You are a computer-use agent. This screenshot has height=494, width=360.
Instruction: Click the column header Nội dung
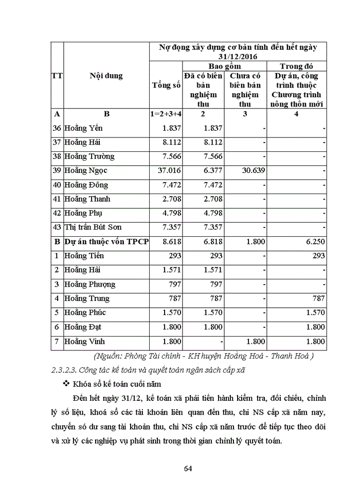[x=106, y=76]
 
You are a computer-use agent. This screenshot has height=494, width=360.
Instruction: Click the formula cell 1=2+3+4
[x=167, y=114]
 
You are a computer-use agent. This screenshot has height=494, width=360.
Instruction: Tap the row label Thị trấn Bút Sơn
[x=93, y=227]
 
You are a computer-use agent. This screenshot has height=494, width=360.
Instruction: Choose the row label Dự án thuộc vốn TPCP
[x=106, y=241]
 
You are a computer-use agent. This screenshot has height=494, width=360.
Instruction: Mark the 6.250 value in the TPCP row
[x=314, y=241]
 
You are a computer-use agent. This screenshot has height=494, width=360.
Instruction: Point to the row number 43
[x=57, y=227]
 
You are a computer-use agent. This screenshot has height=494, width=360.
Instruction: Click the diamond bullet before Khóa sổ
[x=65, y=384]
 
